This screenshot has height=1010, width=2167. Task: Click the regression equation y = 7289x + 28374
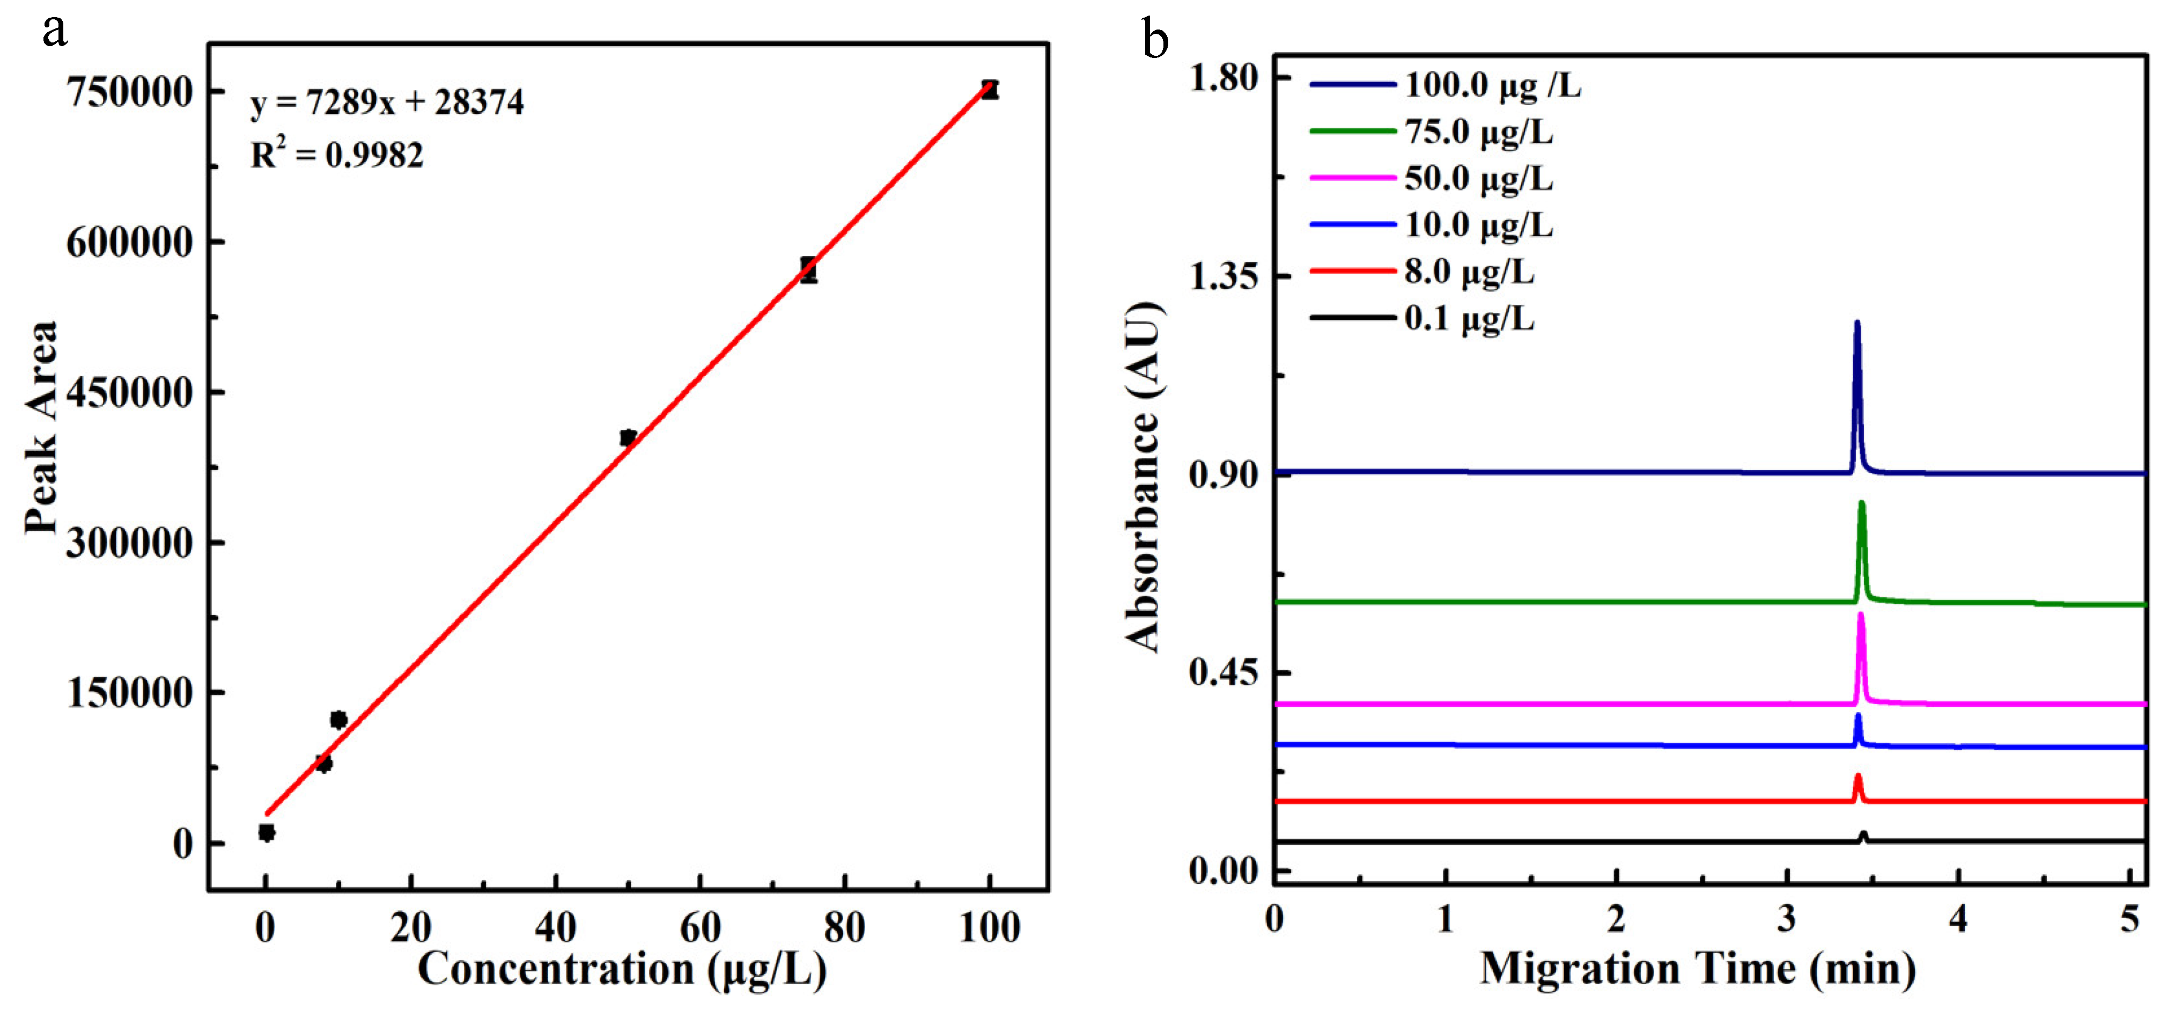387,103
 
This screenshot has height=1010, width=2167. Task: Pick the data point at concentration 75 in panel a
808,270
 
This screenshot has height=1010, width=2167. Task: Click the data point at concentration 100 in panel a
990,89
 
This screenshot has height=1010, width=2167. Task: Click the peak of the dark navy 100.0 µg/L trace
1858,323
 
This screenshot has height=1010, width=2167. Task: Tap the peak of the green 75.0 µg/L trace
1862,503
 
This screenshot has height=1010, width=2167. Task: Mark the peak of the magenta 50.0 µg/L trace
1861,615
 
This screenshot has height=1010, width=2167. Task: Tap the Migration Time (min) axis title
1698,969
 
